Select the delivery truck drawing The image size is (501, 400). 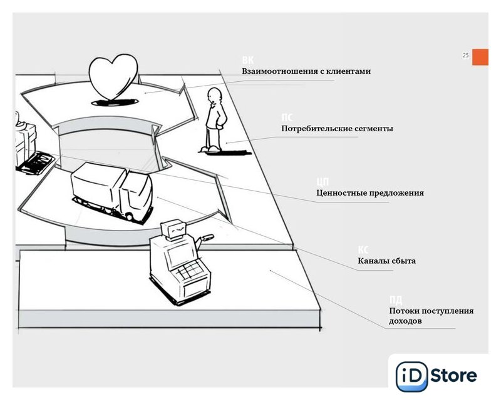click(112, 189)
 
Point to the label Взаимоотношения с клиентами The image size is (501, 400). click(306, 71)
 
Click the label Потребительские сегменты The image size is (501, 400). click(337, 129)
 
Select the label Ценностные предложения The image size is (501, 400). click(369, 192)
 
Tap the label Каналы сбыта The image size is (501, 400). click(386, 261)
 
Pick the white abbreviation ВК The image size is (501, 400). click(248, 60)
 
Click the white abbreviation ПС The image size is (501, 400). click(287, 117)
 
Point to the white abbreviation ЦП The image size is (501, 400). click(323, 181)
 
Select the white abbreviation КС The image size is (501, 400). click(363, 249)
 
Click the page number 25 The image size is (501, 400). click(465, 56)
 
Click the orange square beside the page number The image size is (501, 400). click(480, 56)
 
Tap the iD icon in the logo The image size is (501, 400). click(411, 376)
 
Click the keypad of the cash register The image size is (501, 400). click(189, 272)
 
